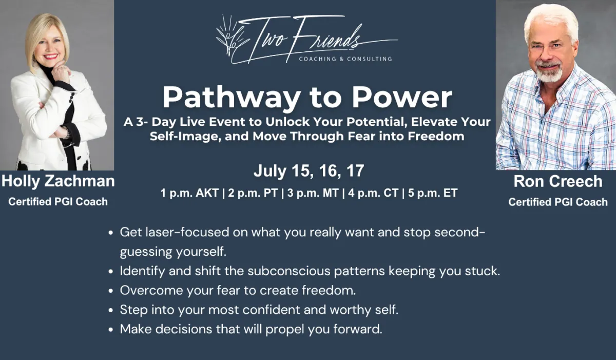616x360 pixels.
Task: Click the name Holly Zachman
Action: (x=58, y=181)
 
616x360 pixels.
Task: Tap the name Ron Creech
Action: (x=558, y=181)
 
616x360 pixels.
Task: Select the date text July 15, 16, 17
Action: (x=309, y=171)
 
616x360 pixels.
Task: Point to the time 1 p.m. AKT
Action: (x=189, y=193)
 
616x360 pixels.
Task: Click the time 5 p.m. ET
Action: (x=433, y=193)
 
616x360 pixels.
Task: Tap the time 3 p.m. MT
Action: (x=313, y=193)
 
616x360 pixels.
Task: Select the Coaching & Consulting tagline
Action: (x=345, y=59)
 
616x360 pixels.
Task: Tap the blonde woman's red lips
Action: (x=50, y=56)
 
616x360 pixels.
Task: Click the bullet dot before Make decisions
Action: (x=111, y=330)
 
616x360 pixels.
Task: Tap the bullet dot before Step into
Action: (x=111, y=310)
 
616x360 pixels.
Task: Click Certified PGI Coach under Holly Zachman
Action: (x=58, y=202)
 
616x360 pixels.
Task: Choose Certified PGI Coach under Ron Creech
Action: (x=558, y=202)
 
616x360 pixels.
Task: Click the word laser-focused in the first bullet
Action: (x=187, y=233)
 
